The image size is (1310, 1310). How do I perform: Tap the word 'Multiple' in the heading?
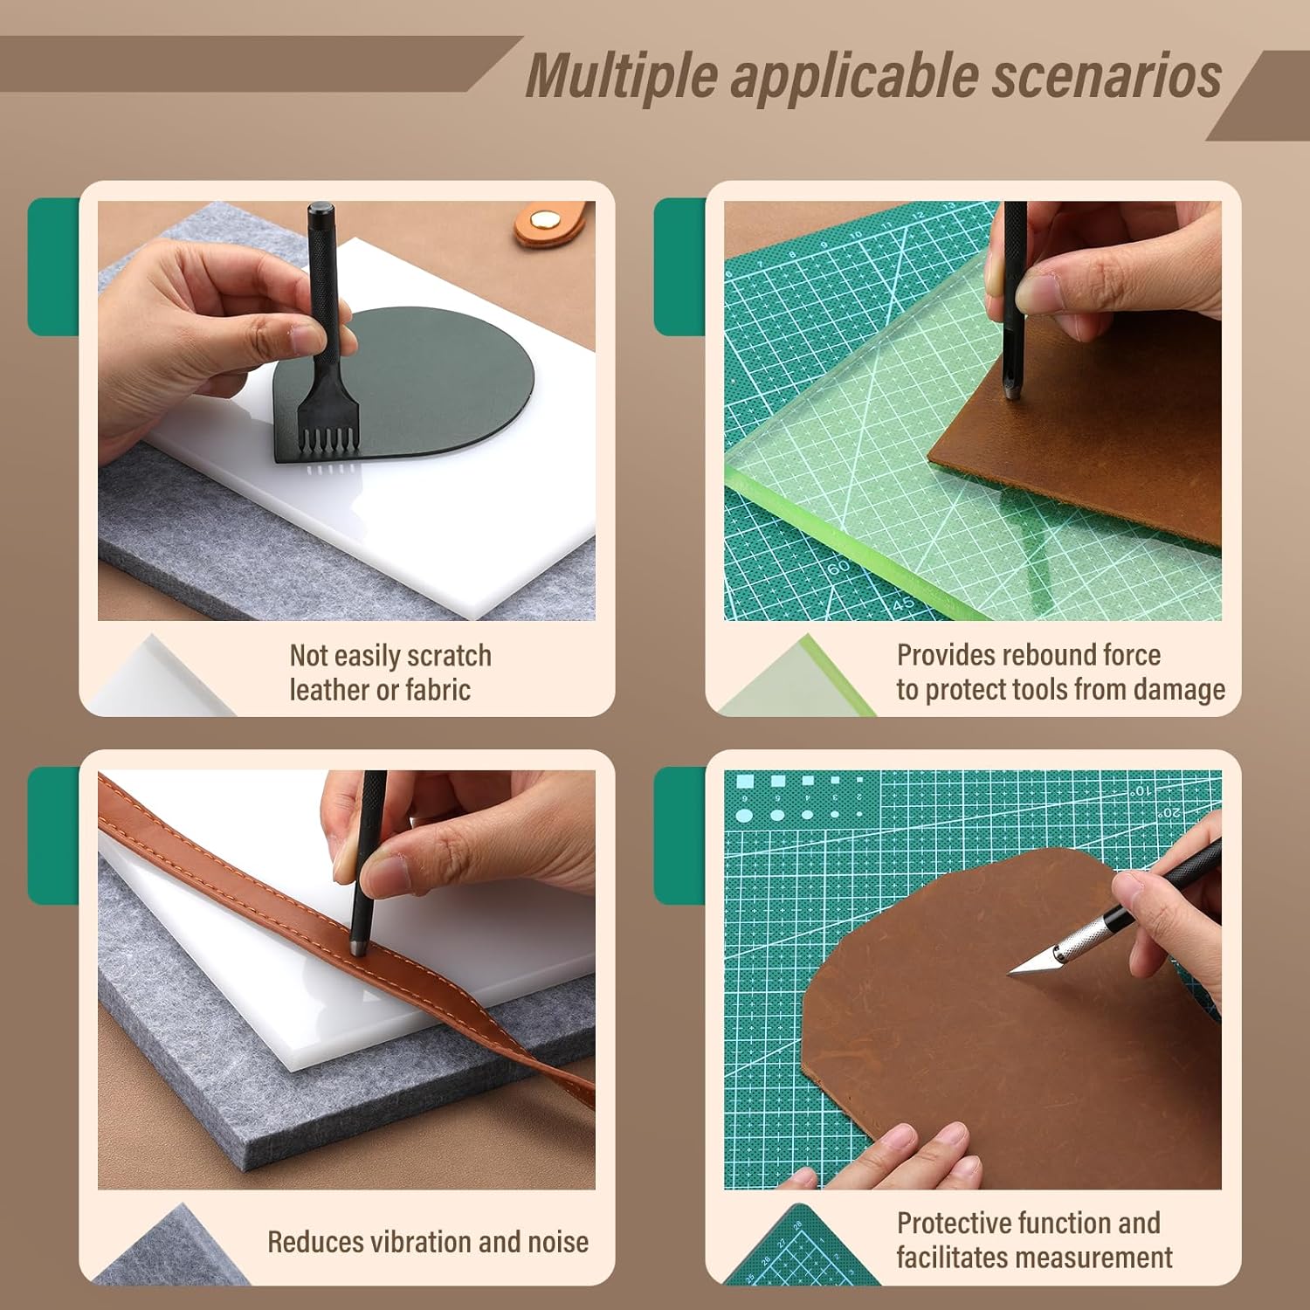point(620,77)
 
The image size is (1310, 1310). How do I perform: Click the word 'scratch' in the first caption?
point(449,656)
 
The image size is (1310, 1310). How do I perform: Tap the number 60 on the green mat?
point(838,568)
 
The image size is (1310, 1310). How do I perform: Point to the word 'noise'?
point(557,1242)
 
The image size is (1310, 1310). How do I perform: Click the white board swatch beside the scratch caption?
point(157,681)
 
